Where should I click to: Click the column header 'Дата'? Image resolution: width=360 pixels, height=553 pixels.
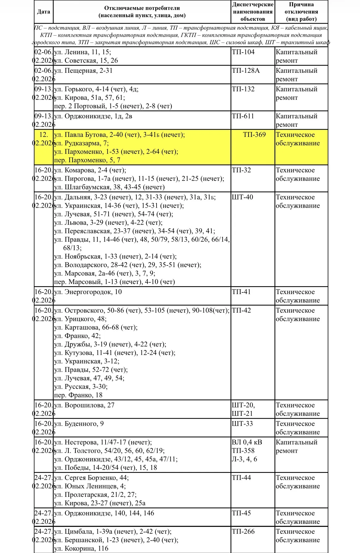(x=44, y=12)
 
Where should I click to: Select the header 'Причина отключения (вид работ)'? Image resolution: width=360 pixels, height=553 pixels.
(x=301, y=12)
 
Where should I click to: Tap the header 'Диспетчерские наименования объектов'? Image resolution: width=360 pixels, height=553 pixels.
(x=253, y=12)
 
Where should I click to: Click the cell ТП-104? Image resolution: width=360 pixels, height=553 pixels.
(x=243, y=52)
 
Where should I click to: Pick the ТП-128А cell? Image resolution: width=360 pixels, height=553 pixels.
(x=246, y=71)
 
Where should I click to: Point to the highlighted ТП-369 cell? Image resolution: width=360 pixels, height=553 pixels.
(x=254, y=135)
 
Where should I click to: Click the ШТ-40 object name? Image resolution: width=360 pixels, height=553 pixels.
(x=242, y=197)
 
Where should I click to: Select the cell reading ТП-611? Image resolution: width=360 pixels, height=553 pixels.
(x=243, y=116)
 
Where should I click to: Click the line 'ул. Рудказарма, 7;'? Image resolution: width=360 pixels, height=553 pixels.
(x=82, y=143)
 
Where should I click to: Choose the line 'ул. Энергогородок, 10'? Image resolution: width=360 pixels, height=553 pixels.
(x=88, y=292)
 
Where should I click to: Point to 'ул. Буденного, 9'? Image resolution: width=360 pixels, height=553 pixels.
(x=79, y=424)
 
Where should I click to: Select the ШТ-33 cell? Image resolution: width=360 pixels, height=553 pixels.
(x=242, y=424)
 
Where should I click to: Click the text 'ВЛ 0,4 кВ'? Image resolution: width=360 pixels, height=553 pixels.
(x=247, y=442)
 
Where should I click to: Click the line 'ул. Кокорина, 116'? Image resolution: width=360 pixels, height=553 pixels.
(x=81, y=548)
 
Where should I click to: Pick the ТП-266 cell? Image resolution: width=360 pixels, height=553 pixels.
(x=243, y=531)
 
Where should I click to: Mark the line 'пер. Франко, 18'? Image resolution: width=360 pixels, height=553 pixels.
(x=78, y=395)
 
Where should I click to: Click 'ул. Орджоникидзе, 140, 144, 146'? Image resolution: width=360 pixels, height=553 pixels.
(x=104, y=513)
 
